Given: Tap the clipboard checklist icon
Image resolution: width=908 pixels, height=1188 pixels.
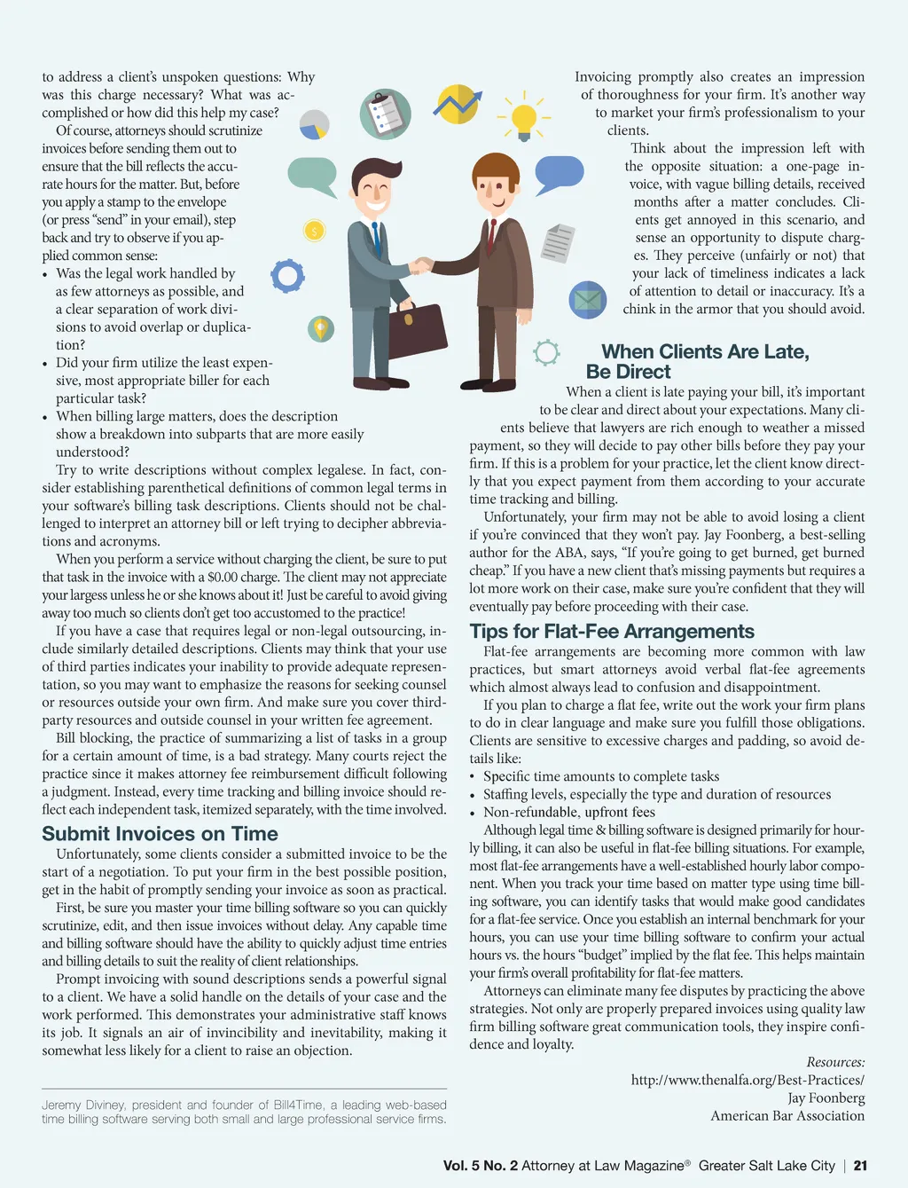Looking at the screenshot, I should click(385, 114).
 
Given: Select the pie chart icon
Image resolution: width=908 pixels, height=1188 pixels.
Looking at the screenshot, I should click(314, 125).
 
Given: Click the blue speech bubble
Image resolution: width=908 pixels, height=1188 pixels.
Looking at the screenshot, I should click(560, 172).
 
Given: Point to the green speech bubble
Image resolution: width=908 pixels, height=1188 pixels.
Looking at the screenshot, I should click(313, 175).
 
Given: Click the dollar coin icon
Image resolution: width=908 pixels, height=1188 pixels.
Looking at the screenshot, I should click(314, 232).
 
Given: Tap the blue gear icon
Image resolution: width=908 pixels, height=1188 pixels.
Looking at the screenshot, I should click(287, 276).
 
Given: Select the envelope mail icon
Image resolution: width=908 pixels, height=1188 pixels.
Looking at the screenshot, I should click(587, 300).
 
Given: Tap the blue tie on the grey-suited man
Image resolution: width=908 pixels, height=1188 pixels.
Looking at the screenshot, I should click(376, 235).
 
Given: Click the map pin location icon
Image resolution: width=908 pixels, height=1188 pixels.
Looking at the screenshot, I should click(320, 328).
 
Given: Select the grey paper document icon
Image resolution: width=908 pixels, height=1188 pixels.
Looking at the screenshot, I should click(559, 243).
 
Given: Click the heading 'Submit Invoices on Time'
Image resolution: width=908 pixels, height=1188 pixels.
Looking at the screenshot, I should click(160, 834).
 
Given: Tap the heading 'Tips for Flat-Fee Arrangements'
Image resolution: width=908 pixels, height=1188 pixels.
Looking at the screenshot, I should click(612, 632).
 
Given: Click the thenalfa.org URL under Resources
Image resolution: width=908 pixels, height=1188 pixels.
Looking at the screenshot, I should click(748, 1080).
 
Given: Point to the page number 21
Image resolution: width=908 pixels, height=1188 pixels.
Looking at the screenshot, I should click(860, 1166).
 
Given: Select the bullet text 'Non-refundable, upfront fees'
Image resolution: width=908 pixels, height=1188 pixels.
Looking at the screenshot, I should click(569, 812).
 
